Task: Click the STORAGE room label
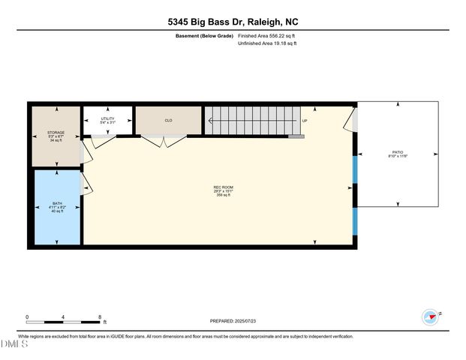tap(56, 132)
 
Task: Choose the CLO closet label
tap(168, 120)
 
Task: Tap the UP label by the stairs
tap(305, 121)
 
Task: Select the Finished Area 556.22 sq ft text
tap(266, 35)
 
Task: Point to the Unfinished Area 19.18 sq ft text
tap(267, 43)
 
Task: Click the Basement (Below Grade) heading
tap(202, 35)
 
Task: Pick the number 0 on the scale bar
tap(27, 316)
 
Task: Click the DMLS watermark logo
tap(13, 344)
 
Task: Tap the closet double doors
tap(165, 140)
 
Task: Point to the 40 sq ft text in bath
tap(57, 211)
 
